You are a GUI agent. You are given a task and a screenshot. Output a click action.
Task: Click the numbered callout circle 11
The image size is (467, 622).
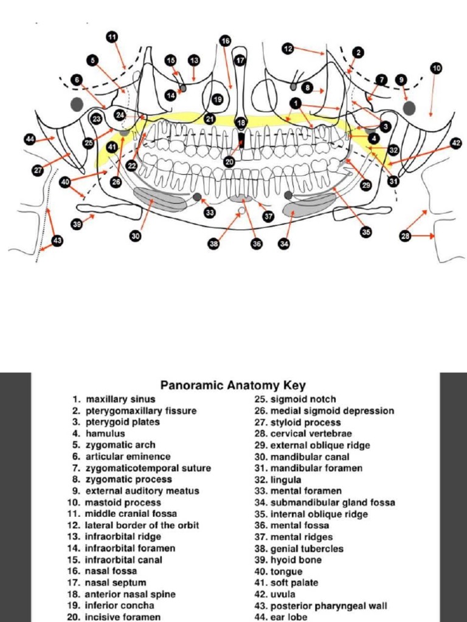(x=112, y=37)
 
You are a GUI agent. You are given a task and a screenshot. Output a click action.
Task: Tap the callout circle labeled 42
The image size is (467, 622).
(x=456, y=143)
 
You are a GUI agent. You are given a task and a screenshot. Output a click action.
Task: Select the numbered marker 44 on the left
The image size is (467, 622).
(x=30, y=140)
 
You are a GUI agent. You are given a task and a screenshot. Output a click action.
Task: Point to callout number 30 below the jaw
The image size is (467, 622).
(x=135, y=236)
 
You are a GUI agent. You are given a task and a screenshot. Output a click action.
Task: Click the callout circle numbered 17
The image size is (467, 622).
(x=240, y=61)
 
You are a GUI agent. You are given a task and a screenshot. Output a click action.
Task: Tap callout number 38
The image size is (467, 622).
(x=214, y=244)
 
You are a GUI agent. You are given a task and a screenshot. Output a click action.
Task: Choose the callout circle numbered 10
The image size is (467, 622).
(x=436, y=68)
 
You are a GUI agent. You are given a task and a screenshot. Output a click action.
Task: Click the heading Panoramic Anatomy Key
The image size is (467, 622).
(x=233, y=385)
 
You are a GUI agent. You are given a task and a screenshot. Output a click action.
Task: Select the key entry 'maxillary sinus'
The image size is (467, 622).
(x=120, y=399)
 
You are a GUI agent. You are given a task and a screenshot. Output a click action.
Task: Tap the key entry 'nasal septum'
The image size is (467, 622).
(x=116, y=583)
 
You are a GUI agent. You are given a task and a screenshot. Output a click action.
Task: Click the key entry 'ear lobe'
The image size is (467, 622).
(x=288, y=617)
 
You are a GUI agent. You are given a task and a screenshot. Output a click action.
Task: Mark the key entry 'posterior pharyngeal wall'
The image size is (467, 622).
(x=328, y=606)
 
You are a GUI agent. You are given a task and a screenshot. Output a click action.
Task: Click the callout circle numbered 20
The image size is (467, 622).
(x=229, y=162)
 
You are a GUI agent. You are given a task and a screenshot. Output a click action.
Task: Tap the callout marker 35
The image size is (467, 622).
(x=365, y=231)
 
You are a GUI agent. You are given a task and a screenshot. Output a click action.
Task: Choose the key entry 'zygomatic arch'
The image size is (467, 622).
(x=120, y=445)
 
